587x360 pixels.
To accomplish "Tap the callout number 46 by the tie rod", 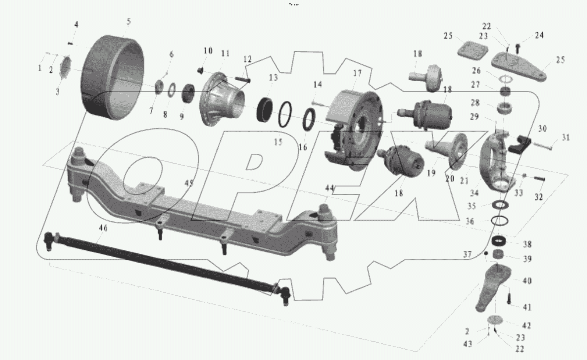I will coord(103,228).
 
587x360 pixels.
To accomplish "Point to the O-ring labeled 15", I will coord(285,115).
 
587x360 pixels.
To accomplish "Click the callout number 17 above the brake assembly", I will coord(357,73).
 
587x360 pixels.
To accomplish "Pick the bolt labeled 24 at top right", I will coord(518,47).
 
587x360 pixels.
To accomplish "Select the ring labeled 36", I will coord(500,221).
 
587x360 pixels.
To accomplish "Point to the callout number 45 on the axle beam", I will coord(189,183).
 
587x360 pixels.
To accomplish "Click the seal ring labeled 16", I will coord(309,120).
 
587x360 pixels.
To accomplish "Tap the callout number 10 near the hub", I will coord(208,51).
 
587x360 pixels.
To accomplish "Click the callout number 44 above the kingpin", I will coord(330,188).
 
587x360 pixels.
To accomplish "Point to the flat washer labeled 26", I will coord(506,79).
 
